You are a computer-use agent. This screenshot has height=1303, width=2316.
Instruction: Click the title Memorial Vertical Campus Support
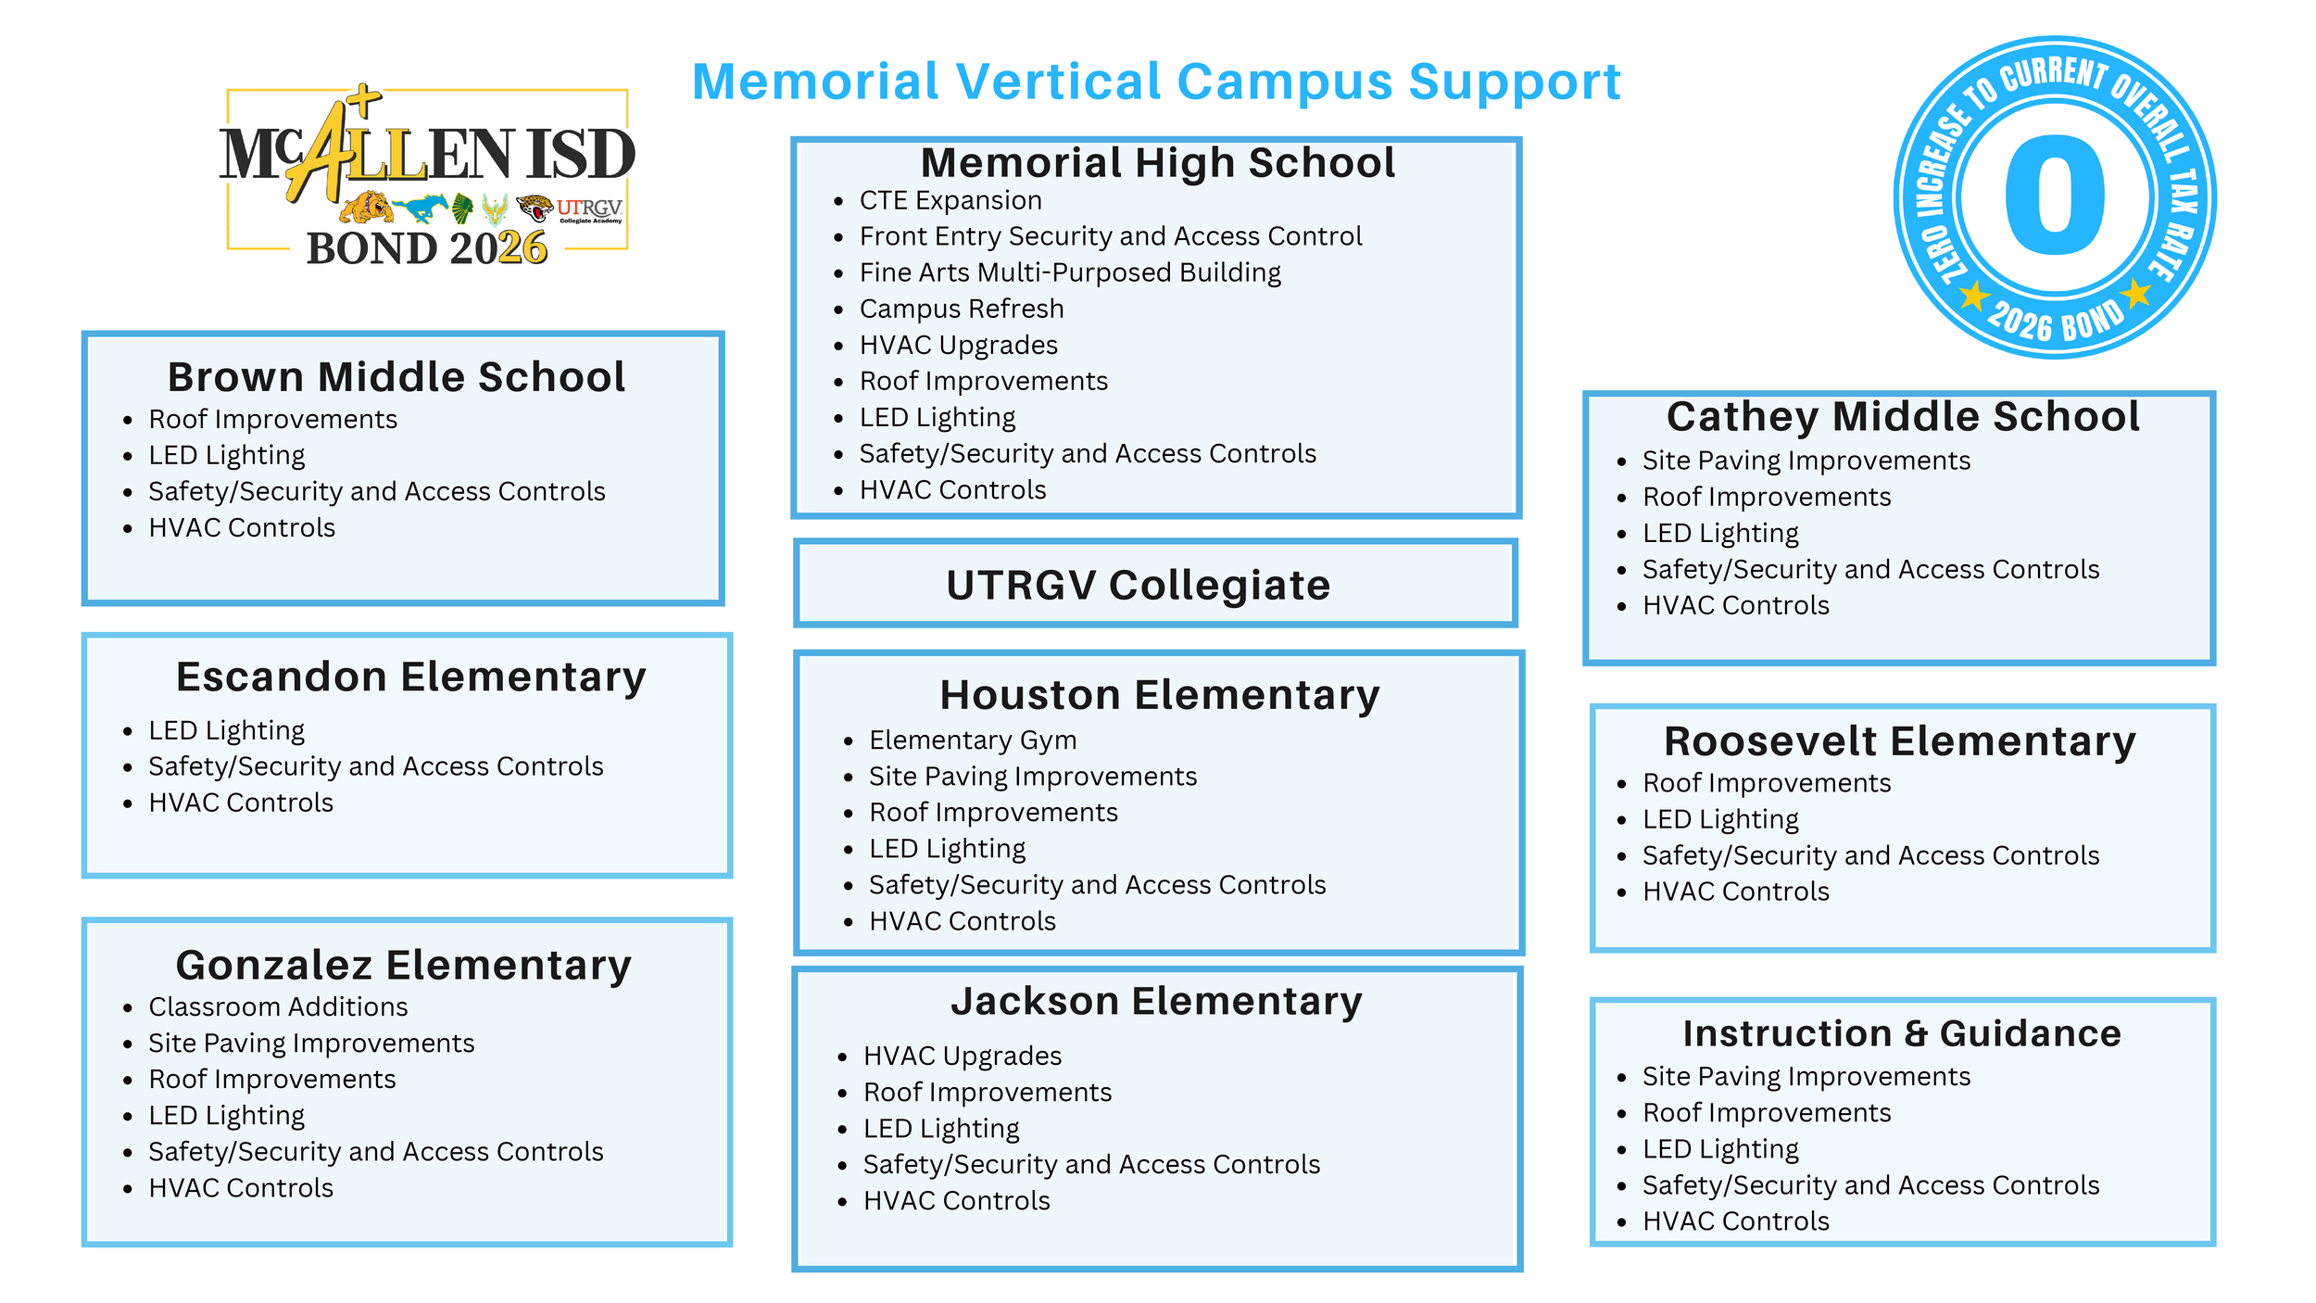click(x=1155, y=82)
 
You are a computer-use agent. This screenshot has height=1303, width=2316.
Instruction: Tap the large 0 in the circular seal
click(x=2054, y=196)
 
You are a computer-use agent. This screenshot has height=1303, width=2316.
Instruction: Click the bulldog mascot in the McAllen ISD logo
click(x=366, y=208)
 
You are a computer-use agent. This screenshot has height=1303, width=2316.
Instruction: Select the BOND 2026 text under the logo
click(x=427, y=248)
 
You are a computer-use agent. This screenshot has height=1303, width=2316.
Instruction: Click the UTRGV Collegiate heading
click(x=1138, y=586)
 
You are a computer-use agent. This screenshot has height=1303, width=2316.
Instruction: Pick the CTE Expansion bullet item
click(x=950, y=200)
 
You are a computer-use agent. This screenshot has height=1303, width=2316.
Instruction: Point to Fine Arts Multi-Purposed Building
click(x=1070, y=272)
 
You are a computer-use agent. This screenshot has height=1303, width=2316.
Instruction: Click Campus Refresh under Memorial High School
click(x=962, y=309)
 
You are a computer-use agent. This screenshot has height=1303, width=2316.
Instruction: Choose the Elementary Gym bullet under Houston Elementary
click(x=973, y=740)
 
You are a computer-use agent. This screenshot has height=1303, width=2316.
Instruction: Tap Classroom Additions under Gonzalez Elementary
click(x=278, y=1006)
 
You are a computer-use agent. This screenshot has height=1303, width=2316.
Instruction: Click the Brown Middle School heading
click(x=396, y=377)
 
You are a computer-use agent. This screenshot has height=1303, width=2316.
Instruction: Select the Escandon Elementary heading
click(x=410, y=677)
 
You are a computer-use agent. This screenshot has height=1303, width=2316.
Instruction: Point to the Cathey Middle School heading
click(x=1903, y=416)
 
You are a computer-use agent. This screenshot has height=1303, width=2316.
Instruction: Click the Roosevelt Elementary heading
click(x=1900, y=741)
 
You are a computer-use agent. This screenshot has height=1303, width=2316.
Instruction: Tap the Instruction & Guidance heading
click(x=1902, y=1033)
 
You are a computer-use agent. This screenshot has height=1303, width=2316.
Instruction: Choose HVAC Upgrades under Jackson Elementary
click(x=963, y=1056)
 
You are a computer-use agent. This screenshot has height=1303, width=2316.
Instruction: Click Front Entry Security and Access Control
click(x=1111, y=236)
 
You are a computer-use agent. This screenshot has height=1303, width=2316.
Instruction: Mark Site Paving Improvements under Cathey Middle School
click(x=1806, y=461)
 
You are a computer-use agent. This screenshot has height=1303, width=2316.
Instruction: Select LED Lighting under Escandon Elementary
click(x=227, y=730)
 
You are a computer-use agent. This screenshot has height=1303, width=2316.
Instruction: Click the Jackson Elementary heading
click(x=1156, y=1001)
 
